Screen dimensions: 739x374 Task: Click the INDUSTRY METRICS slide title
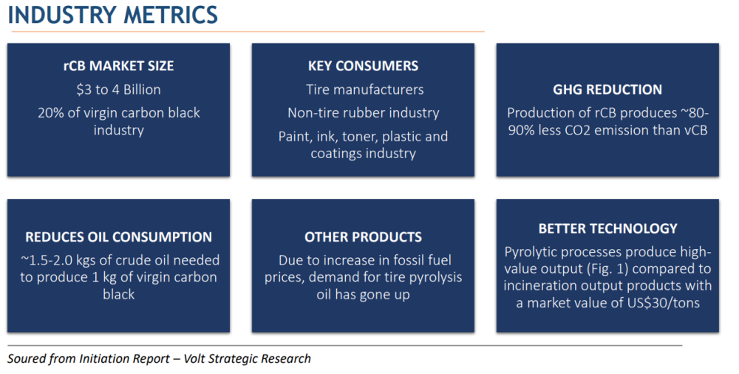112,15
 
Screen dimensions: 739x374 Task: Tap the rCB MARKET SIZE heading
118,66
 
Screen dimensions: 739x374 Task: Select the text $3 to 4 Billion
118,89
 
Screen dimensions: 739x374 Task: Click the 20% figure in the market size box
49,113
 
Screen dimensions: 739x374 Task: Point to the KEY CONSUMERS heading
363,66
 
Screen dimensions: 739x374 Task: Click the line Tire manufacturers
364,89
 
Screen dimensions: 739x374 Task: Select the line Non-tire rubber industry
364,113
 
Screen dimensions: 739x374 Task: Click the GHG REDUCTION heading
607,89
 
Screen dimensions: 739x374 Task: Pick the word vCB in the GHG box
695,130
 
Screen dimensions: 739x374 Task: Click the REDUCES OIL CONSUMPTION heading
118,237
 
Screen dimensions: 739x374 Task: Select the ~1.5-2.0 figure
45,260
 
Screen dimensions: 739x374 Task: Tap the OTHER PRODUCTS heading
363,237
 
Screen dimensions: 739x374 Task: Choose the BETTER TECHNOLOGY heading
607,228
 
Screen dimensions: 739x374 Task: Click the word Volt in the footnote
193,359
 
